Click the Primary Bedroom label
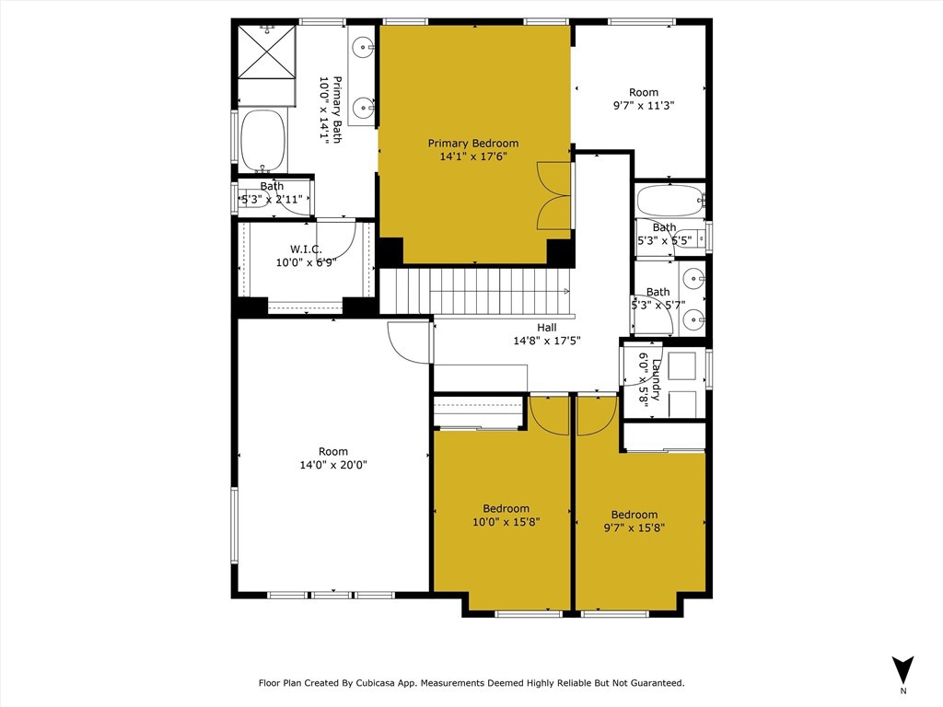tap(472, 143)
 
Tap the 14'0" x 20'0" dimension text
tap(333, 465)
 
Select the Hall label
tap(547, 328)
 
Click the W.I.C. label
tap(306, 249)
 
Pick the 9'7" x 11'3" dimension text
tap(644, 105)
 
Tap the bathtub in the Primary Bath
tap(262, 141)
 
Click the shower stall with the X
tap(267, 52)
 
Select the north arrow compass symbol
tap(902, 670)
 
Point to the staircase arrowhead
tap(566, 292)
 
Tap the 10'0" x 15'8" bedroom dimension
tap(506, 522)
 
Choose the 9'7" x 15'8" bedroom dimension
tap(634, 527)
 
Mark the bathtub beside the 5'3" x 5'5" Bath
tap(670, 201)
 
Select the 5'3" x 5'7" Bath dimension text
tap(658, 305)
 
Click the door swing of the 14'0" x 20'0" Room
tap(410, 342)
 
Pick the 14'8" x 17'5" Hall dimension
tap(547, 341)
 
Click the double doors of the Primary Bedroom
tap(553, 195)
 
